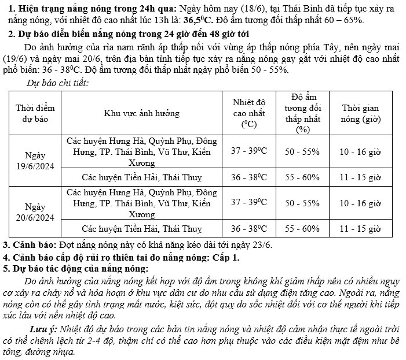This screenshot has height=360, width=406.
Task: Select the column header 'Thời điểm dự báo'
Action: tap(34, 113)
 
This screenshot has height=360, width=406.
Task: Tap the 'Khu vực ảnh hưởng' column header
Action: tap(142, 113)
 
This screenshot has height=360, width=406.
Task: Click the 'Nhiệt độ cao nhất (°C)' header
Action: tap(248, 113)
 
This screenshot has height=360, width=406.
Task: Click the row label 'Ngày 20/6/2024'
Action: tap(34, 212)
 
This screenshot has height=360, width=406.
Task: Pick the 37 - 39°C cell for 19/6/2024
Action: tap(248, 151)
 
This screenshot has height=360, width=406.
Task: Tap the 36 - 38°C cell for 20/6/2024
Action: tap(248, 228)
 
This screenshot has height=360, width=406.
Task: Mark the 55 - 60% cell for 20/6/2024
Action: tap(302, 228)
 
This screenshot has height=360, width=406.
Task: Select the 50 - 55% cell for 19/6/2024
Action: tap(302, 151)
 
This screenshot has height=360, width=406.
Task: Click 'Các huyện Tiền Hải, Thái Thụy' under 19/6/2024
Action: tap(142, 177)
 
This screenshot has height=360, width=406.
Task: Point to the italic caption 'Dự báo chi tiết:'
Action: tap(58, 83)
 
